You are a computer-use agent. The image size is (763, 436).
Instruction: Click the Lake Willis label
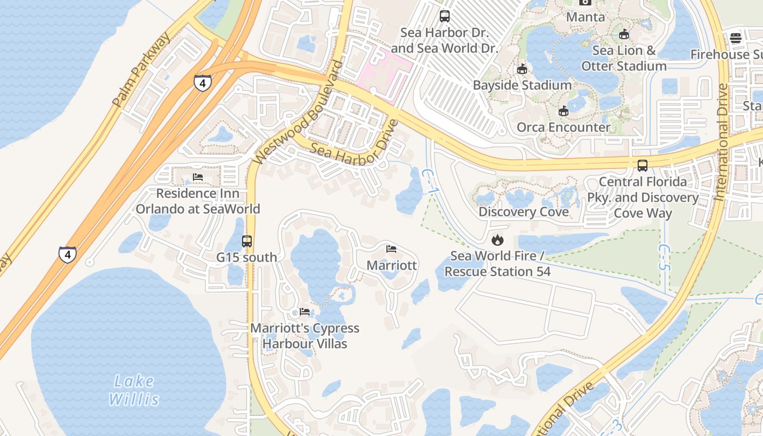pyautogui.click(x=134, y=390)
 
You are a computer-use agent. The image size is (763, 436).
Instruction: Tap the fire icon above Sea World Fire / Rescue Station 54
pyautogui.click(x=497, y=240)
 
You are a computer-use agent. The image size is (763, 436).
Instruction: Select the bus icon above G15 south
pyautogui.click(x=247, y=241)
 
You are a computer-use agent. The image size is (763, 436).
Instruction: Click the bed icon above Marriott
pyautogui.click(x=391, y=249)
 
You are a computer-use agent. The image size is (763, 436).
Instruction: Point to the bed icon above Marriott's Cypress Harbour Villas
pyautogui.click(x=305, y=312)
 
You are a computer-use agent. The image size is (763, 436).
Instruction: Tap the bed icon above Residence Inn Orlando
pyautogui.click(x=198, y=177)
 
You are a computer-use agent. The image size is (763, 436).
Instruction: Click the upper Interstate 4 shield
pyautogui.click(x=202, y=83)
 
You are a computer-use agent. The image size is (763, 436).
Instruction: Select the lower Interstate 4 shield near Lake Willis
pyautogui.click(x=68, y=255)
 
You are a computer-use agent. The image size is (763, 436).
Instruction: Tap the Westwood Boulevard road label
pyautogui.click(x=299, y=112)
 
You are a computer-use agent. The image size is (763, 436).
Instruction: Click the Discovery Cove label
pyautogui.click(x=523, y=211)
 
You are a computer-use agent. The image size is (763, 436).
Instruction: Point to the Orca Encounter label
pyautogui.click(x=564, y=128)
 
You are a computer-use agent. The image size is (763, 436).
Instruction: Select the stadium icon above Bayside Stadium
pyautogui.click(x=522, y=69)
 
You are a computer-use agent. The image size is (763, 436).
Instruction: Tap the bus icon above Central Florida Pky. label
pyautogui.click(x=643, y=165)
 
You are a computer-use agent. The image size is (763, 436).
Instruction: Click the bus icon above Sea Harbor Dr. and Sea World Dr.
pyautogui.click(x=445, y=16)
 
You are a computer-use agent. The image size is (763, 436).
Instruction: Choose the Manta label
pyautogui.click(x=585, y=17)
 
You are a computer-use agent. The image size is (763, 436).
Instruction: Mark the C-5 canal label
pyautogui.click(x=663, y=257)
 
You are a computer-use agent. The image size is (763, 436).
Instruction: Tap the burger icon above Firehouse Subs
pyautogui.click(x=736, y=38)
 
